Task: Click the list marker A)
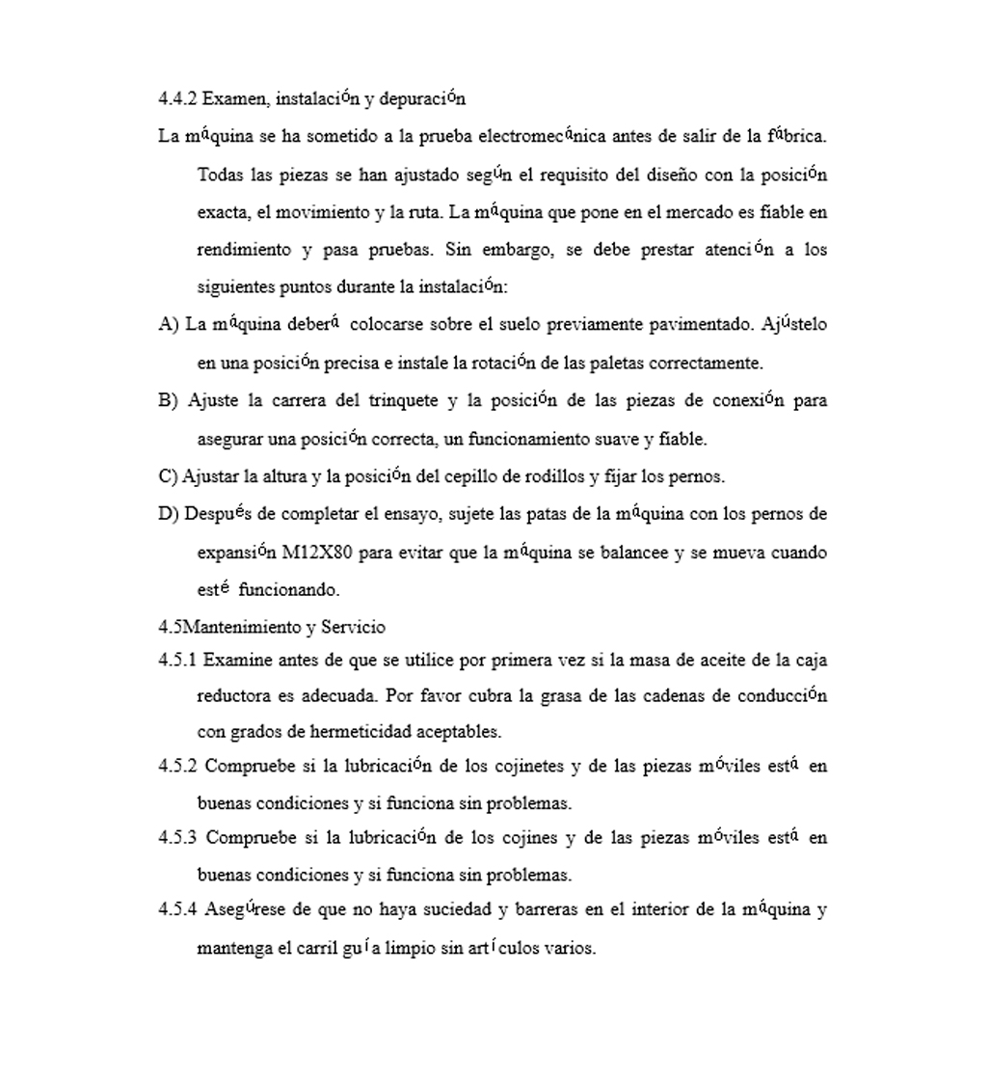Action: coord(169,325)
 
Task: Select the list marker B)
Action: coord(169,400)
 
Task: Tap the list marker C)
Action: coord(169,476)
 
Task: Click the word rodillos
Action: coord(550,476)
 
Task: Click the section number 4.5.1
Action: coord(177,661)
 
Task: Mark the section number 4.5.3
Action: coord(177,837)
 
